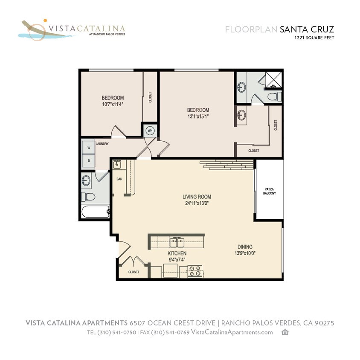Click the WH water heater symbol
[150, 130]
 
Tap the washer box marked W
[89, 148]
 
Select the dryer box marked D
[89, 160]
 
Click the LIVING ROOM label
[197, 197]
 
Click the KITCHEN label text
[177, 253]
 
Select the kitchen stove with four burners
[195, 271]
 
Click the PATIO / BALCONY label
[269, 191]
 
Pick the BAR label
[119, 179]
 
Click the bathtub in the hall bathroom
[95, 212]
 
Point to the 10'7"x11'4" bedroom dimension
[113, 104]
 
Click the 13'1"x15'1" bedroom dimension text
[198, 116]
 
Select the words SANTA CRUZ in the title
[307, 29]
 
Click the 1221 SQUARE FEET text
[314, 38]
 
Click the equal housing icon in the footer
[285, 332]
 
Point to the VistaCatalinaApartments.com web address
[232, 332]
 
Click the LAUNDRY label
[102, 144]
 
